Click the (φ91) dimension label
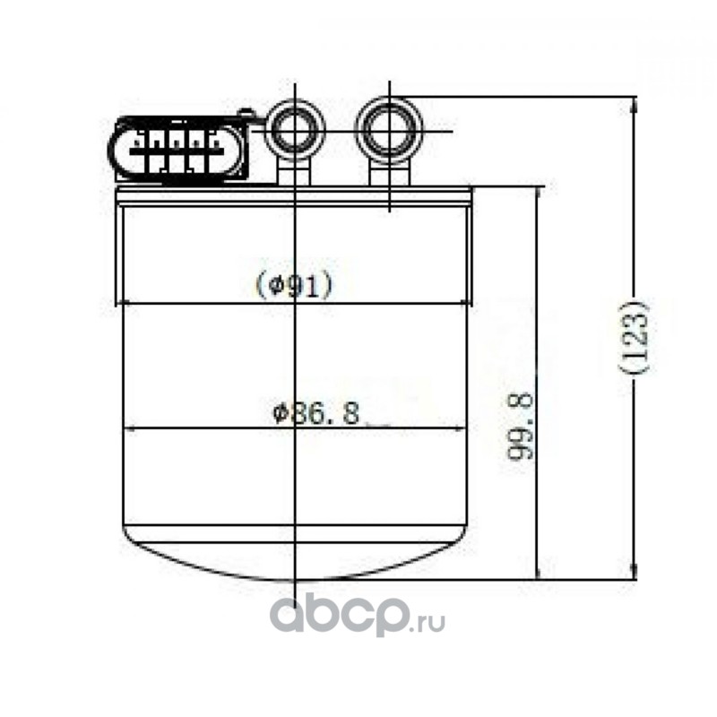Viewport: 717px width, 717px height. (x=294, y=284)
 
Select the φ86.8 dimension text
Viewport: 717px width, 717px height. (x=316, y=413)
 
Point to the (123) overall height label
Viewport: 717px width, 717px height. (x=636, y=338)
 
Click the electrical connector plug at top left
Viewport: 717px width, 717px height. (x=177, y=150)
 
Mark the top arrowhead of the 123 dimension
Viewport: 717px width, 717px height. (x=634, y=106)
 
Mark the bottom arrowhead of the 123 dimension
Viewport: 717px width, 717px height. (x=634, y=571)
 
